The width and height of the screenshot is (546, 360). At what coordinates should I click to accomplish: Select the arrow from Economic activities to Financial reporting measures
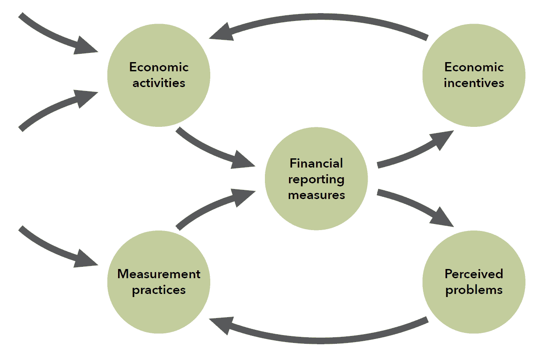[x=210, y=149]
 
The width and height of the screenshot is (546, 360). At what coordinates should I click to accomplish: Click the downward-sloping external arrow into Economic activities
[x=52, y=35]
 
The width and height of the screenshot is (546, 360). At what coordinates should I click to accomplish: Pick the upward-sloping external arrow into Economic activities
[x=52, y=109]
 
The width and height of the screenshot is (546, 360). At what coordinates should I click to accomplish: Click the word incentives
[x=474, y=83]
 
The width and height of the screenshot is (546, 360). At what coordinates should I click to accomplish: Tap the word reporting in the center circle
[x=316, y=179]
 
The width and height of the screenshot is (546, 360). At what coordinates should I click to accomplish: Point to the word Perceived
[x=474, y=274]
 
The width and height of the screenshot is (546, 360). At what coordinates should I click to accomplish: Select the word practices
[x=159, y=290]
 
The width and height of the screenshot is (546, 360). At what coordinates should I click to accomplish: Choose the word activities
[x=159, y=83]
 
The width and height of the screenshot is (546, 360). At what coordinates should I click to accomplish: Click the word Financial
[x=316, y=163]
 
